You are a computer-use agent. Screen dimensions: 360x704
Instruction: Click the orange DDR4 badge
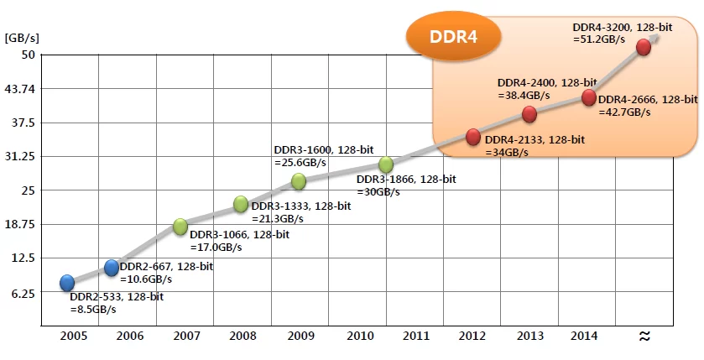453,38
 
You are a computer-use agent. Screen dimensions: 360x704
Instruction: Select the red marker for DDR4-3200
644,47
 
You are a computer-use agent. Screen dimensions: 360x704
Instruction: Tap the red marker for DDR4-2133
473,137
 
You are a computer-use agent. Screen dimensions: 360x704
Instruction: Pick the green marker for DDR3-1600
298,181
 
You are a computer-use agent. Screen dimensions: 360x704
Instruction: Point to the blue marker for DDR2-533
67,283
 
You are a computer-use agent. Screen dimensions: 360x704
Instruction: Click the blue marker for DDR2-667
112,268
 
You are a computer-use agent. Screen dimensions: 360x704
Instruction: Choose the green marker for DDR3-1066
180,226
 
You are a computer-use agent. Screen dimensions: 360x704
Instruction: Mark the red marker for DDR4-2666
588,98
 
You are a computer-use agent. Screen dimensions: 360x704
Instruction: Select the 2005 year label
74,336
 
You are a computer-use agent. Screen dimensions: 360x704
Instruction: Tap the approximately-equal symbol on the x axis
644,336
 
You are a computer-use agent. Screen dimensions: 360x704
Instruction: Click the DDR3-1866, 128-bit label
405,180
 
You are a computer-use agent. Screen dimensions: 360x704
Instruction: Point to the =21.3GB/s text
277,218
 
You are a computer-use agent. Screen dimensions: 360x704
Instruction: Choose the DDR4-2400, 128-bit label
546,83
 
